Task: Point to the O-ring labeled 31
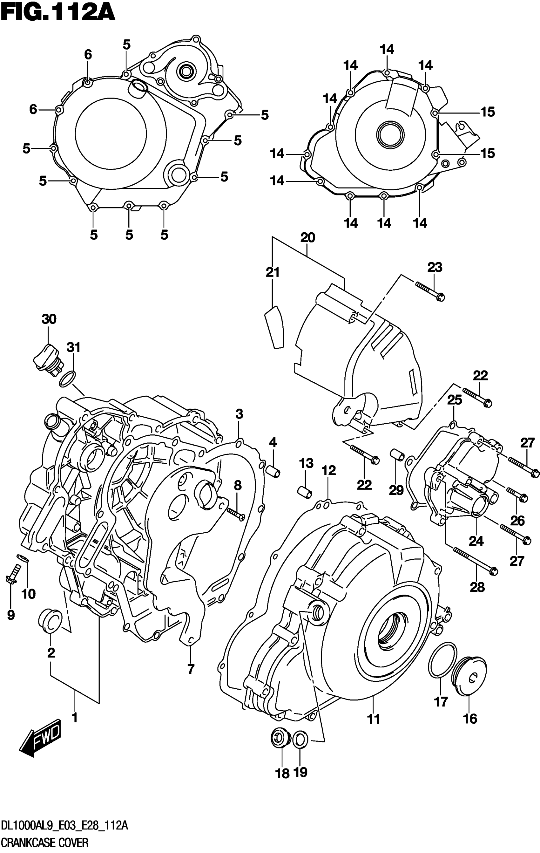point(68,379)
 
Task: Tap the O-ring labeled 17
point(442,661)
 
